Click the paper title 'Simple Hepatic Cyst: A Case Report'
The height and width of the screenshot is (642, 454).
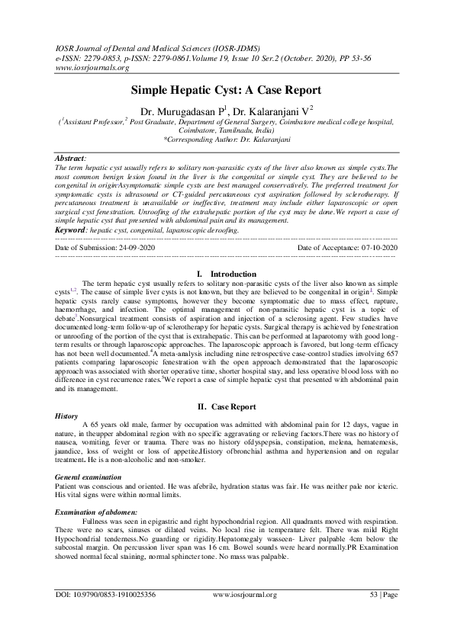tap(227, 89)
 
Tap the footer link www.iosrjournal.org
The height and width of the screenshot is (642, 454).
tap(245, 615)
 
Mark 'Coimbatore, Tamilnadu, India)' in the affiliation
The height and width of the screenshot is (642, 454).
tap(227, 130)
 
